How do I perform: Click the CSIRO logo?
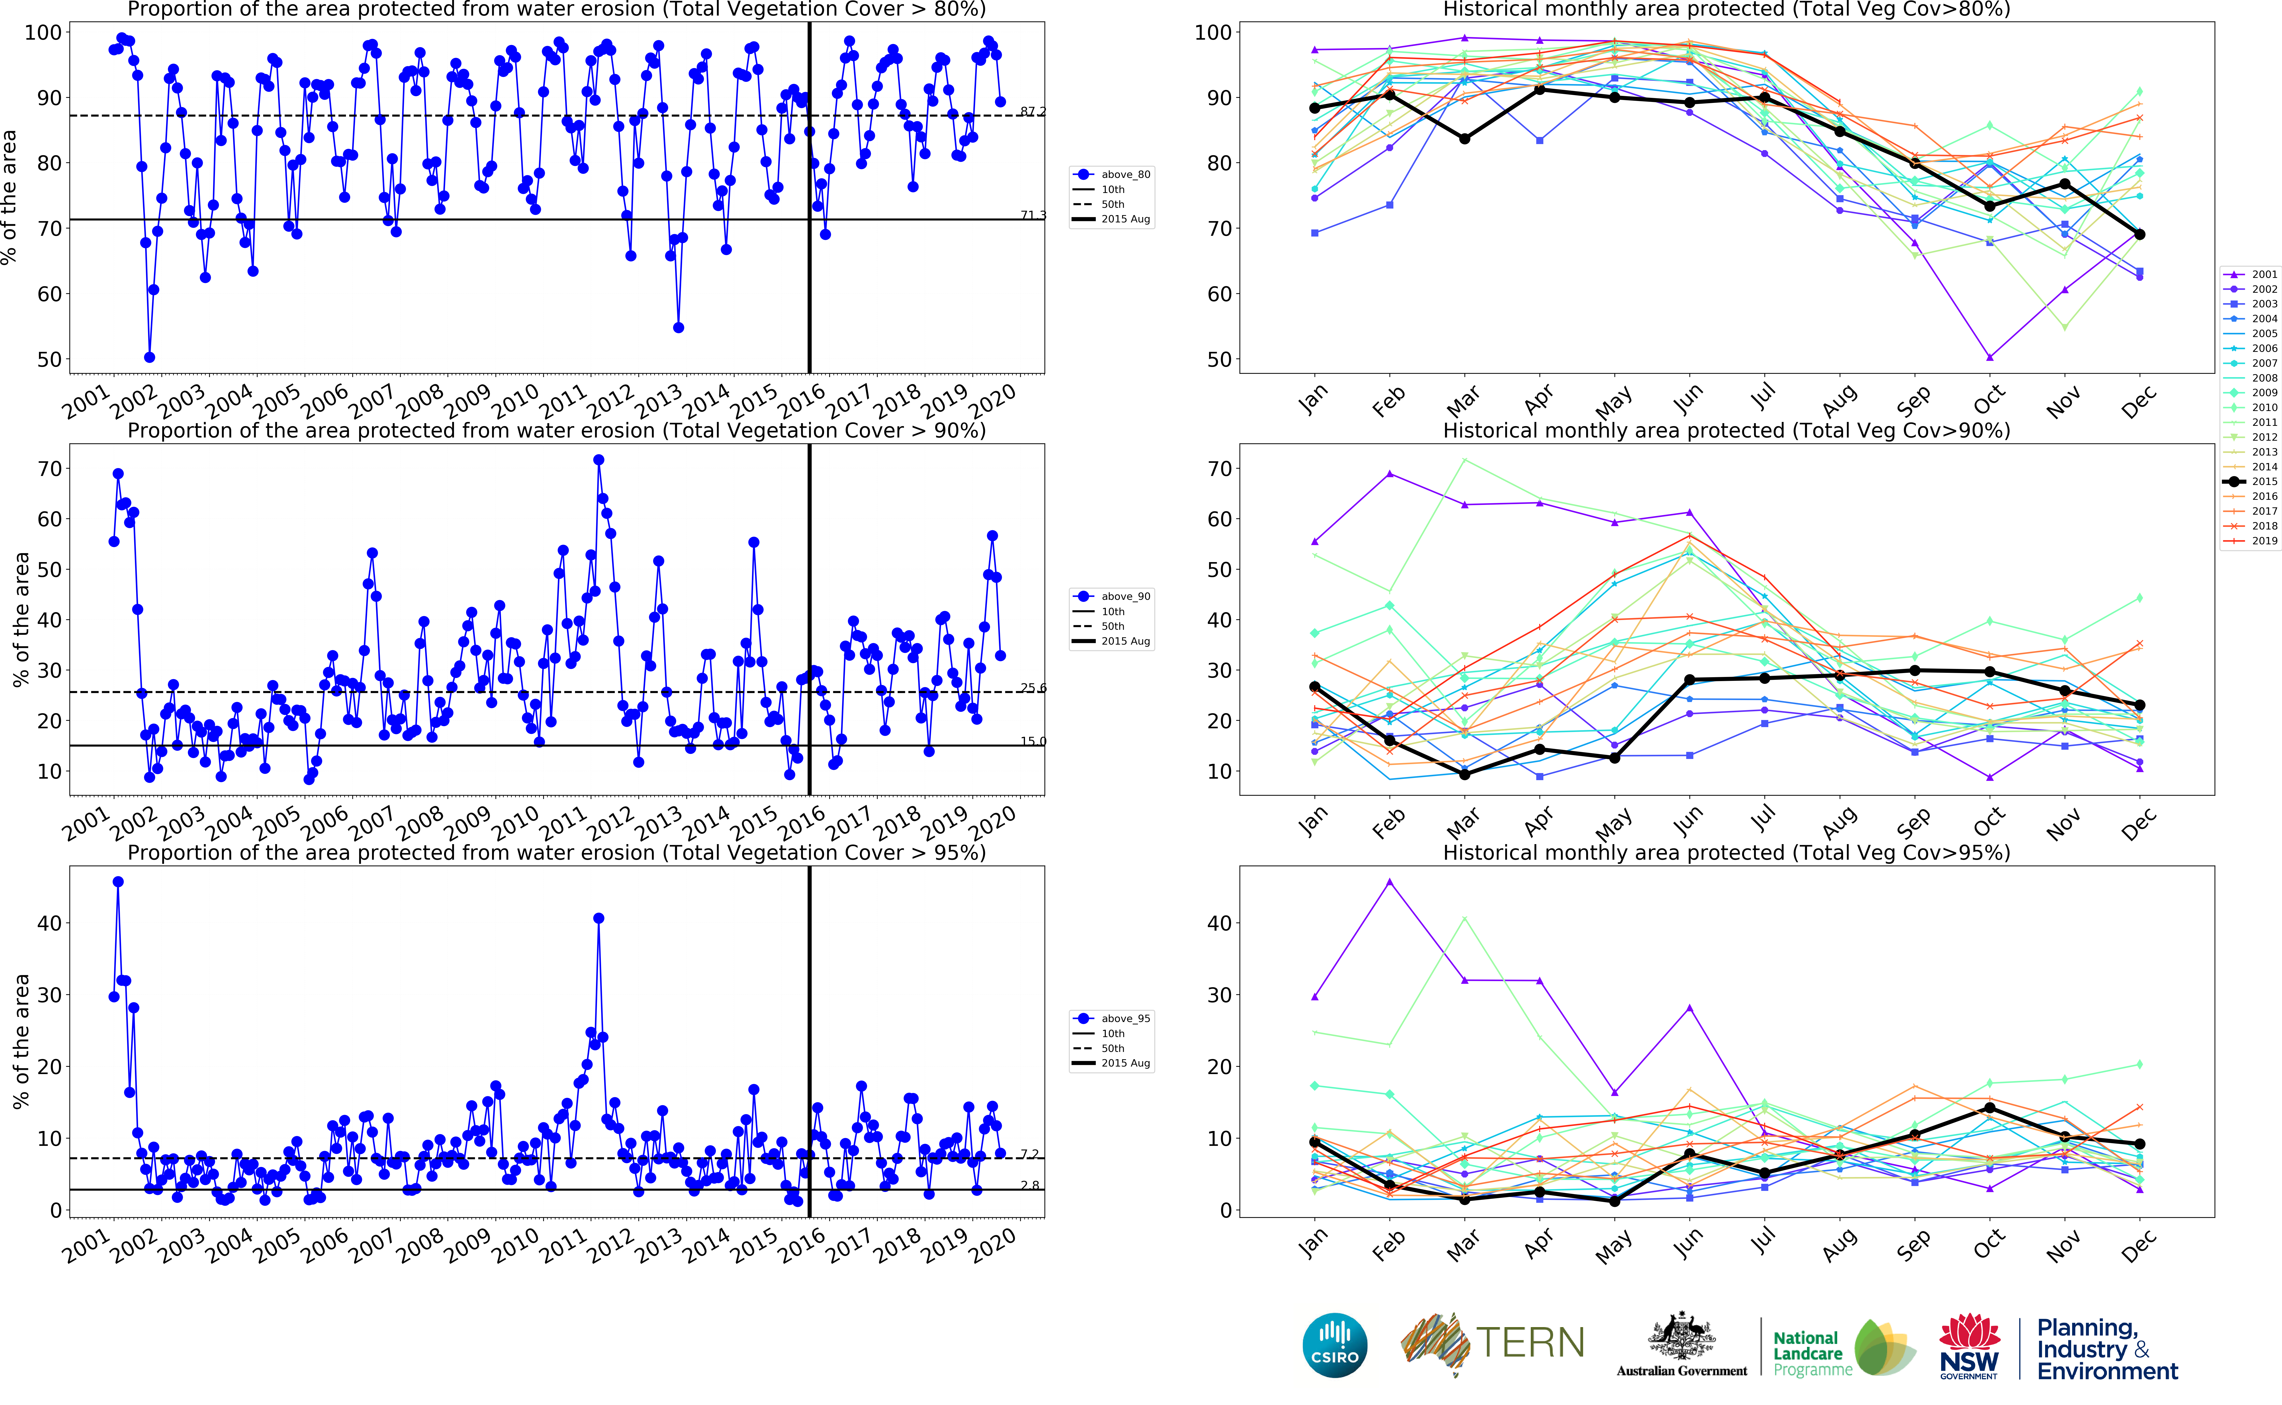1335,1345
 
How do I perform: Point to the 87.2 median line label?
1032,111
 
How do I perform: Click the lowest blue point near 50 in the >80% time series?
150,357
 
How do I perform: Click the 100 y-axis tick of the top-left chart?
43,33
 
